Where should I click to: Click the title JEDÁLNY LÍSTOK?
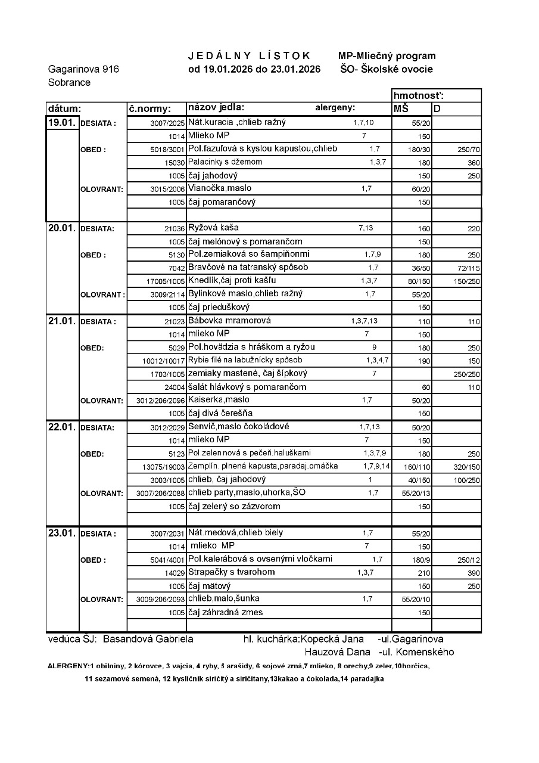pos(250,55)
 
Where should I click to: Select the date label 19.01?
pos(61,122)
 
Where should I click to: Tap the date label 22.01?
pos(61,427)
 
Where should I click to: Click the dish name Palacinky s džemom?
pos(225,162)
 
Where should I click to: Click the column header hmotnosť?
pos(419,95)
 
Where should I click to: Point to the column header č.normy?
pos(149,109)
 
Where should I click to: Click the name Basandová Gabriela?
pos(148,639)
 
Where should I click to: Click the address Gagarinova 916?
pos(83,69)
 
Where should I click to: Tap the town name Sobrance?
pos(69,82)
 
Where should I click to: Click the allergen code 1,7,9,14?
pos(376,466)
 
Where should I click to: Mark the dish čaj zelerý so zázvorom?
pos(234,506)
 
